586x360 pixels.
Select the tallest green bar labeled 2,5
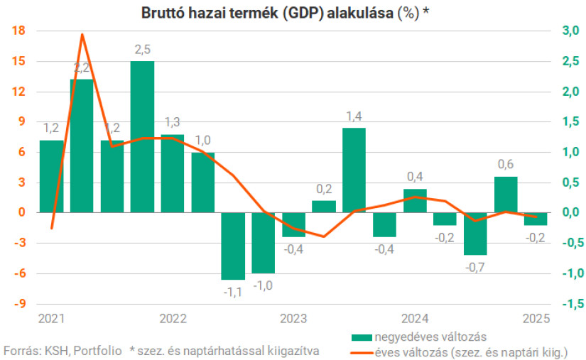click(142, 136)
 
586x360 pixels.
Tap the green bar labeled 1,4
click(354, 170)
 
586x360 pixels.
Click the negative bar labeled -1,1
click(233, 246)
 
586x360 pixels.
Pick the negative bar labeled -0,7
click(476, 234)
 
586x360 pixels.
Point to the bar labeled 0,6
click(506, 195)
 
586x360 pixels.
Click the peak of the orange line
click(82, 34)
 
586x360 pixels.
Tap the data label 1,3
click(173, 121)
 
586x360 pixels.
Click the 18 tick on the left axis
click(18, 31)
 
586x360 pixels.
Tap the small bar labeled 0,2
click(324, 207)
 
